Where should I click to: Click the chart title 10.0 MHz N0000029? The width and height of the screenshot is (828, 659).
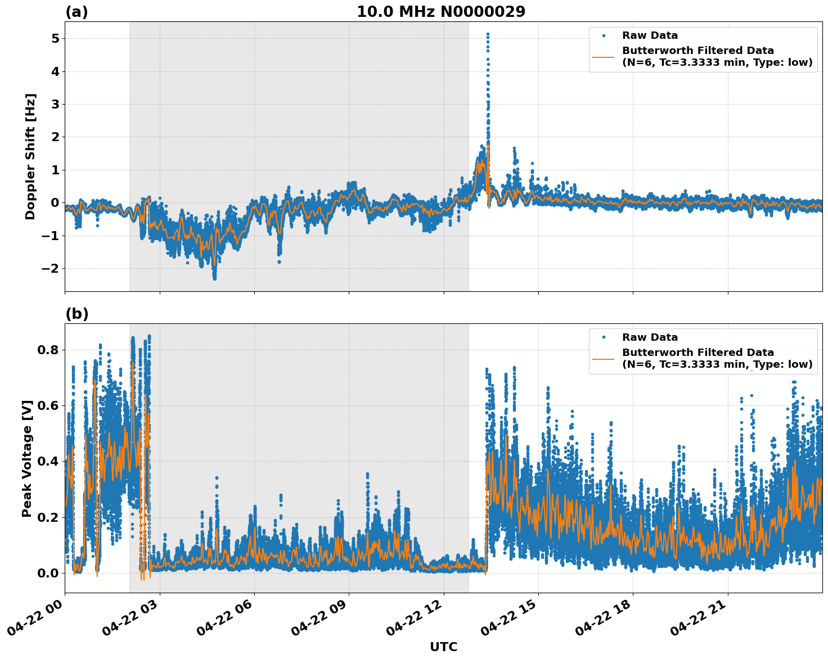tap(441, 12)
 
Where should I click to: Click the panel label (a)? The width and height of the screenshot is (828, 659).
tap(76, 12)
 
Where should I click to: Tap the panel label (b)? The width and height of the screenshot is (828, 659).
tap(76, 314)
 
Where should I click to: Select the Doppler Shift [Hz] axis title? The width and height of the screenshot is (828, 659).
tap(30, 156)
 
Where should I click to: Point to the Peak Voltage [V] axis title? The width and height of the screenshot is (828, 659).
tap(27, 458)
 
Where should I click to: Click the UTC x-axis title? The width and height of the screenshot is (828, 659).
tap(443, 647)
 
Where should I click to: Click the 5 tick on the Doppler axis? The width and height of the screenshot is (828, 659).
tap(55, 38)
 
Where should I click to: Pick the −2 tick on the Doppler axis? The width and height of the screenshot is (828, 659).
tap(51, 268)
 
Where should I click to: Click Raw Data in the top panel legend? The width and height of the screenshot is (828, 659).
tap(650, 35)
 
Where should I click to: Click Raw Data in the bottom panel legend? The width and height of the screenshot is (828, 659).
tap(650, 337)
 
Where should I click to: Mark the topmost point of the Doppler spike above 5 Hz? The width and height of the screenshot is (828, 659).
tap(488, 34)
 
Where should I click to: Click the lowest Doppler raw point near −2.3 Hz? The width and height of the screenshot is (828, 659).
tap(214, 278)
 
